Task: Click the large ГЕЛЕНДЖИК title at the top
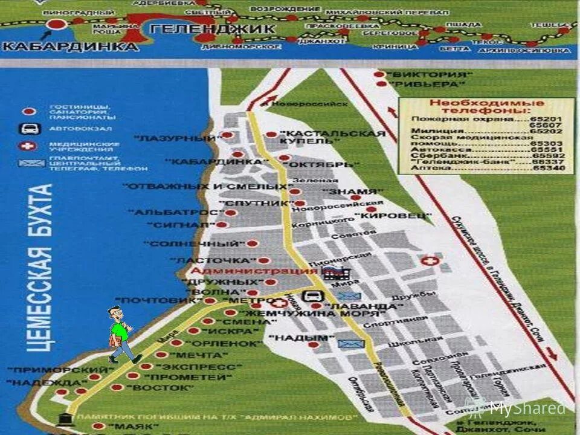point(212,28)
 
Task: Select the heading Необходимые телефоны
point(482,107)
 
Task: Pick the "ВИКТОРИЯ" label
point(430,74)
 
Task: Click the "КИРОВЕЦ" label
point(393,215)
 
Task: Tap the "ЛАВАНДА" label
point(362,306)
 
